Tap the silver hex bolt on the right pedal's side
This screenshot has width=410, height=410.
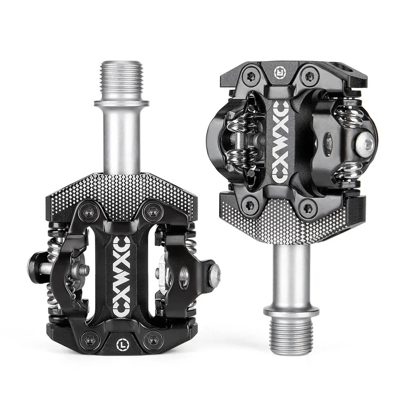(x=364, y=143)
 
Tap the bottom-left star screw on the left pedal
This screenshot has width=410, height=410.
(x=89, y=339)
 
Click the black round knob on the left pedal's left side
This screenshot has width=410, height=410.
(x=35, y=267)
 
